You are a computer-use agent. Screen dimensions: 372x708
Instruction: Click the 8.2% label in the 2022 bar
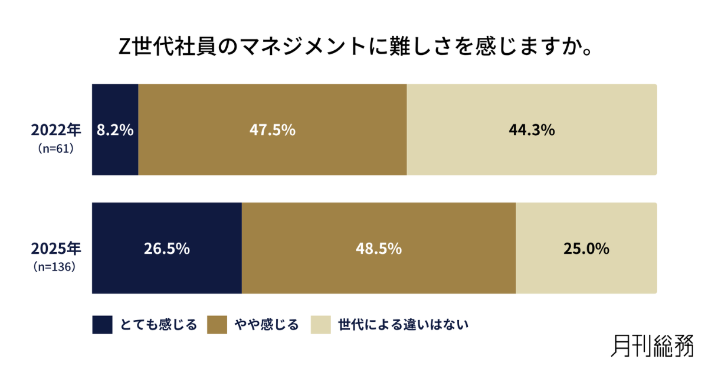(x=116, y=130)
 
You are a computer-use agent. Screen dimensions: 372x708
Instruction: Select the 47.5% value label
(x=272, y=130)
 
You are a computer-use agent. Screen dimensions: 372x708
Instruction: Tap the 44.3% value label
(x=532, y=130)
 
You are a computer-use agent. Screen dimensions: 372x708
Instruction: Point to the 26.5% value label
(x=167, y=249)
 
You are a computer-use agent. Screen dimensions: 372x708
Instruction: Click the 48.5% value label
(x=378, y=249)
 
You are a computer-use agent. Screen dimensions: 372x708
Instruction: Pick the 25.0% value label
(x=586, y=249)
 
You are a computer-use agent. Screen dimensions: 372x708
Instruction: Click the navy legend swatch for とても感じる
(x=102, y=325)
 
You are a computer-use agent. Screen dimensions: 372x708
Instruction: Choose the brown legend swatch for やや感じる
(x=217, y=325)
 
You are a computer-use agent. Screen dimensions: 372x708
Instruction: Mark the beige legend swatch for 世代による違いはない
(x=320, y=325)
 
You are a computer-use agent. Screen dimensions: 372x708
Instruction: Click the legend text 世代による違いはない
(x=403, y=325)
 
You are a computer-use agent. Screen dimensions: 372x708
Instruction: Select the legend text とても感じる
(x=158, y=325)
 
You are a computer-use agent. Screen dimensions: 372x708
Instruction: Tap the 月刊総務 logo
(x=652, y=345)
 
